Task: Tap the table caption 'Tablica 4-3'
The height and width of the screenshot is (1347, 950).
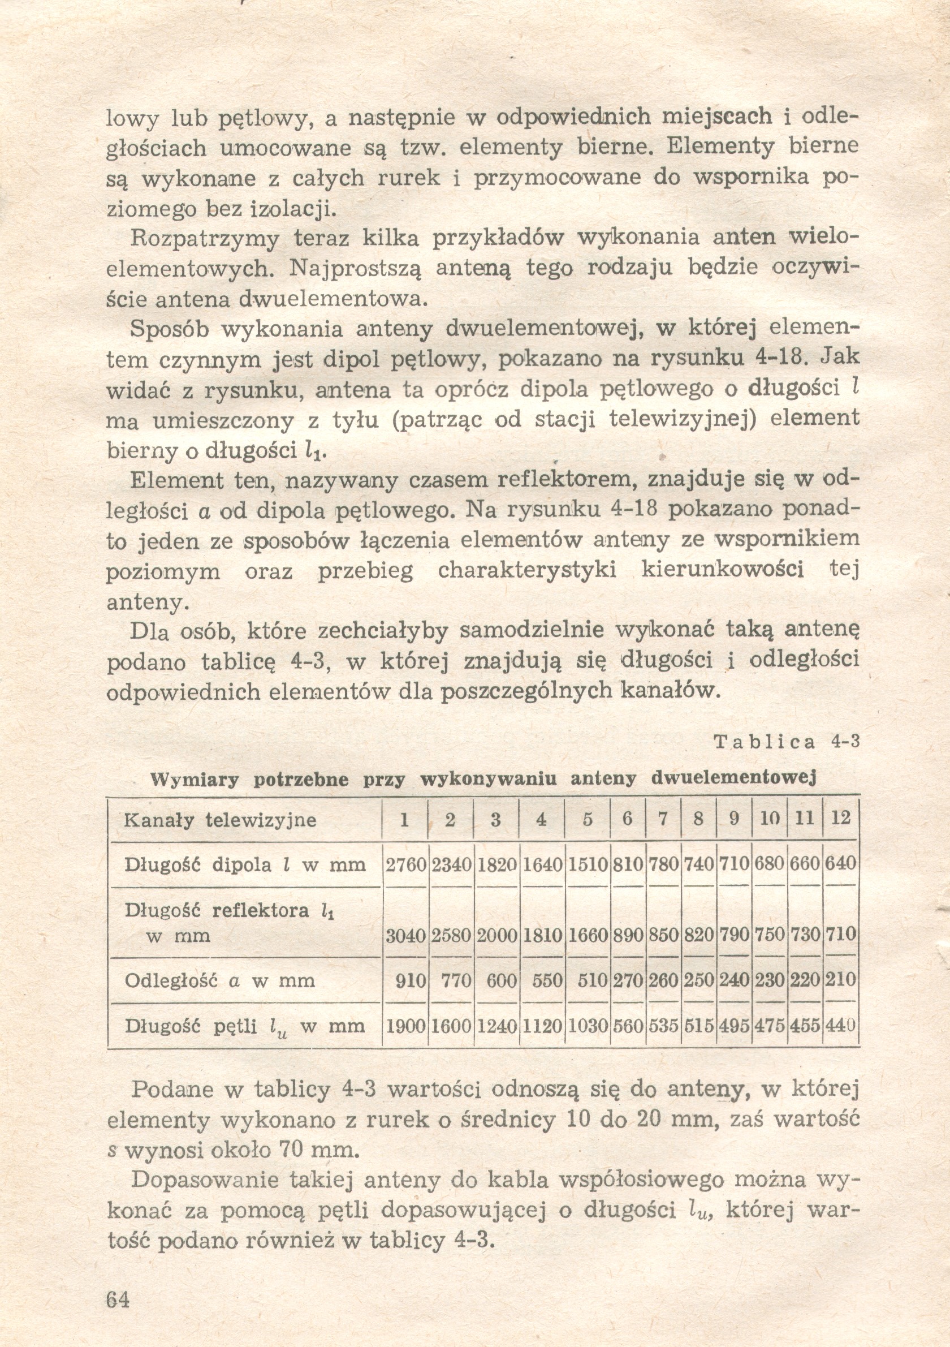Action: point(787,742)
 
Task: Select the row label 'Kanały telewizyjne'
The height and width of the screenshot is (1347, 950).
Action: point(220,820)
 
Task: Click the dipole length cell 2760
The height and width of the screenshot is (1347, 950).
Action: point(405,864)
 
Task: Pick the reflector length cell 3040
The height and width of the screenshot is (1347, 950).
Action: point(405,936)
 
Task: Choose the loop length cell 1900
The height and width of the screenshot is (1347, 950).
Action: point(405,1026)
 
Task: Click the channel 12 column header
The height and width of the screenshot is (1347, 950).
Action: point(840,819)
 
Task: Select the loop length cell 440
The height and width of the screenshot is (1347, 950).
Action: point(840,1026)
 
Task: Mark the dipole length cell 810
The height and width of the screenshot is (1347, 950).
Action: point(628,864)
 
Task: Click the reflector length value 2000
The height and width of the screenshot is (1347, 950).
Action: point(496,936)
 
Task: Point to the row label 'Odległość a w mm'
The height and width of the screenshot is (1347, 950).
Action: point(220,980)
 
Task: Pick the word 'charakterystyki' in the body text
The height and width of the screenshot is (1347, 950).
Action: point(527,571)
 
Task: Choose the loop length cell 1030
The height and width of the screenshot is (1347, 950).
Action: point(587,1026)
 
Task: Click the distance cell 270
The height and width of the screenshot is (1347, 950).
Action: point(628,980)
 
